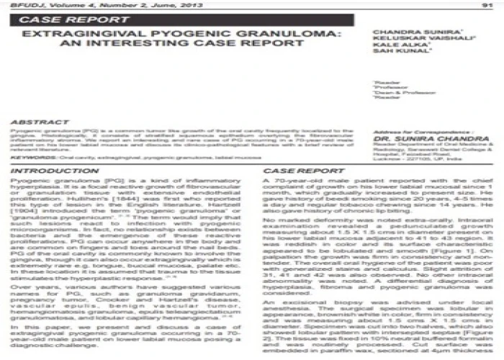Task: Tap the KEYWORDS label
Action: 30,155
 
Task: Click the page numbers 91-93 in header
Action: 483,5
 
